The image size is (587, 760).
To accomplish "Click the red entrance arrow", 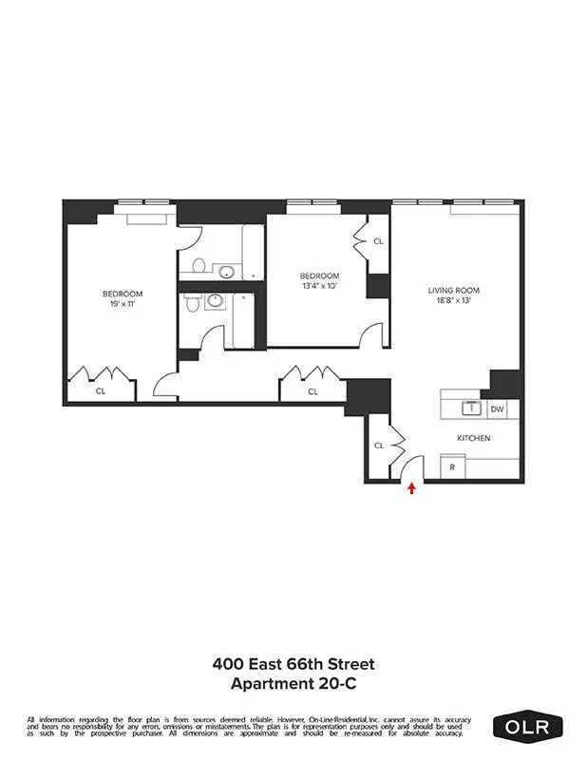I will click(x=411, y=489).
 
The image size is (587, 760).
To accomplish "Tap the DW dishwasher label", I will click(x=497, y=409).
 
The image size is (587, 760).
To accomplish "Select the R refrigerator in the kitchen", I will click(x=453, y=467).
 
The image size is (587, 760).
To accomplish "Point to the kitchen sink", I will click(x=468, y=408).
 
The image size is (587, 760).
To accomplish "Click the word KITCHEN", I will click(x=474, y=438).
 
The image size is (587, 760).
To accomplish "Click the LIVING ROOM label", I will click(x=454, y=290).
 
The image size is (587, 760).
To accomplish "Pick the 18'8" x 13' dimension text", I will click(x=454, y=301).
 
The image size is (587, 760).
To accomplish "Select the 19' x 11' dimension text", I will click(x=123, y=304).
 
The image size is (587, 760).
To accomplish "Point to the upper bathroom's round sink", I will click(x=226, y=273).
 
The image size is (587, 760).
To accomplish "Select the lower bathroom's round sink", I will click(x=216, y=303).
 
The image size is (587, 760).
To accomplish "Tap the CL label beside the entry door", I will click(x=378, y=445).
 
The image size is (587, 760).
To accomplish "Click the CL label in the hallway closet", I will click(x=312, y=391).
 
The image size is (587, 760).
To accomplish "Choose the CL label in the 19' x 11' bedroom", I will click(x=101, y=390).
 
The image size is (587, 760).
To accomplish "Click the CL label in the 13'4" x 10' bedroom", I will click(x=378, y=241).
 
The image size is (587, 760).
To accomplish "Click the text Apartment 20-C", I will click(x=293, y=683).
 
